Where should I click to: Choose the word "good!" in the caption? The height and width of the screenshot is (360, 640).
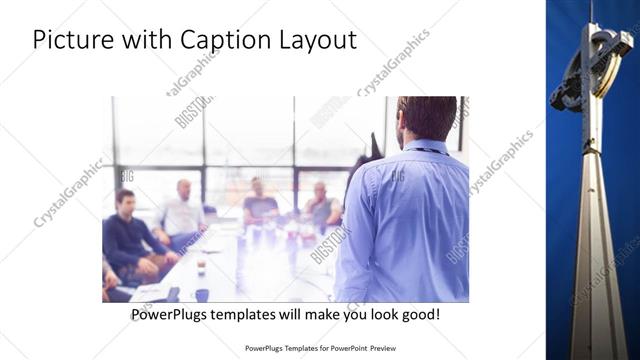tap(418, 314)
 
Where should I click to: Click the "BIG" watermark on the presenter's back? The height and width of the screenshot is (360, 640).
tap(397, 176)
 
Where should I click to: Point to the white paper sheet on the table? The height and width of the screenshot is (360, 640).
tap(150, 291)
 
